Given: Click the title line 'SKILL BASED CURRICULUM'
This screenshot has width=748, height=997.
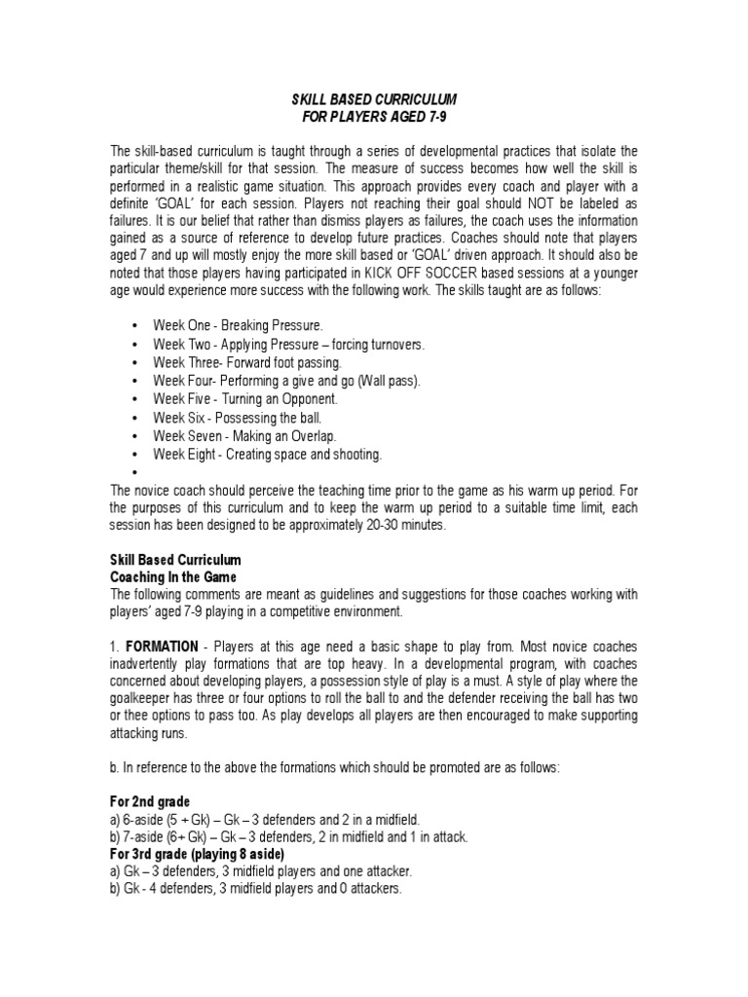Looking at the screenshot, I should point(374,100).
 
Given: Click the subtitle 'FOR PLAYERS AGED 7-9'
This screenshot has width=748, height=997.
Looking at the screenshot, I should point(374,117).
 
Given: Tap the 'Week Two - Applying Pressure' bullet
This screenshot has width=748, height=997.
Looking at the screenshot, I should point(288,345).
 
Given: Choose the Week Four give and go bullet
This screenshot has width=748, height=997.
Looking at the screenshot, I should point(286,381).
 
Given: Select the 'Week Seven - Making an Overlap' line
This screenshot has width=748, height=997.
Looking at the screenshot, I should point(244,436).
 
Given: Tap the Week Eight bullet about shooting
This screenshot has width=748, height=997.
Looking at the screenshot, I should point(267,455).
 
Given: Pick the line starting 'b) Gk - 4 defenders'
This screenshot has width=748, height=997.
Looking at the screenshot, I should point(255,889).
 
